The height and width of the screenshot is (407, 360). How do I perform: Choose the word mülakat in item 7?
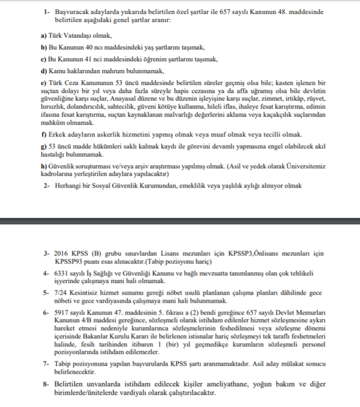[276, 363]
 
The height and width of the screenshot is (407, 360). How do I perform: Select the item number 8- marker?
[46, 384]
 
